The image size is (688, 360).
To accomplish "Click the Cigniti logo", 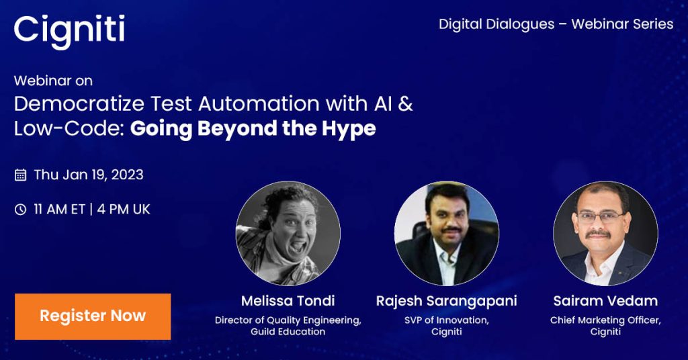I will point(69,31).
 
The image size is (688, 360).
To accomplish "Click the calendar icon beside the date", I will point(21,175).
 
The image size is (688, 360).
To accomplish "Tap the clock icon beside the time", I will point(21,210).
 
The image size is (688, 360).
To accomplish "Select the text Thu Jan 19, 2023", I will point(89,175).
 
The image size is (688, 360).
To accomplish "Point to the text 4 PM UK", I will point(123,210).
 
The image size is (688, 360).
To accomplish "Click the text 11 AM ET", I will point(59,210).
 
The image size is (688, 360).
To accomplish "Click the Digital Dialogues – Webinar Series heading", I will point(556,24).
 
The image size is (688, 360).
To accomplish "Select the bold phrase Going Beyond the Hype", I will point(253,128).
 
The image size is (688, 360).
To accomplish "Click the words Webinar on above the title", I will point(53,81).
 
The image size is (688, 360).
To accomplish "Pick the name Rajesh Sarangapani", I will point(447,300).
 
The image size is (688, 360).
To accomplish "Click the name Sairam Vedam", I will point(605,300).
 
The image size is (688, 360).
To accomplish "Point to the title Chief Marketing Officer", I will point(605,320).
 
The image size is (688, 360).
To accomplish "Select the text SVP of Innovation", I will point(447,320).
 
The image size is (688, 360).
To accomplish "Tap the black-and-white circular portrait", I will point(288,233).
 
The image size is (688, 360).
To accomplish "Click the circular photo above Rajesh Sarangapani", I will point(447,233).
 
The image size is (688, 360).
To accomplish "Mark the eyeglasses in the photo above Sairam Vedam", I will point(601,217).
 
